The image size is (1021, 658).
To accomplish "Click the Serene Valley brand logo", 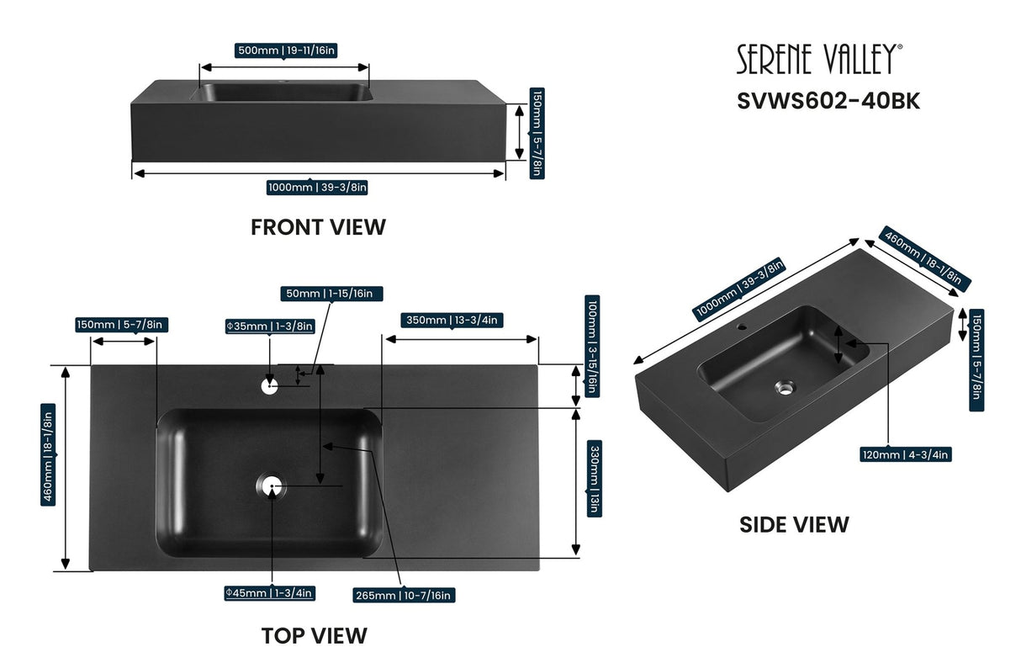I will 820,60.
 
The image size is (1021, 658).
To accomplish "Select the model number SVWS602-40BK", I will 828,101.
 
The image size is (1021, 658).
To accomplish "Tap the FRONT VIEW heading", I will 318,227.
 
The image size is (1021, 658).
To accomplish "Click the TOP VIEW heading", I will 314,635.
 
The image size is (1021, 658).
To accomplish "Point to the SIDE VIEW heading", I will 794,525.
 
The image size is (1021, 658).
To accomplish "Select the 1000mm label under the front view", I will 317,188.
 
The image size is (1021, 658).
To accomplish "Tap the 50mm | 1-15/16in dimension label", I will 332,294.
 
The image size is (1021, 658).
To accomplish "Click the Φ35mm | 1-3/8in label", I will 269,326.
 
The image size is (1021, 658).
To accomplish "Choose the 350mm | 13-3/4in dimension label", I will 452,320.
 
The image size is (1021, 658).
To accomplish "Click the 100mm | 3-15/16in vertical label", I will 593,345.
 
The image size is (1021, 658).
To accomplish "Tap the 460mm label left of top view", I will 49,454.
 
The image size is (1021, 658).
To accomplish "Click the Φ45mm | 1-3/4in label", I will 269,593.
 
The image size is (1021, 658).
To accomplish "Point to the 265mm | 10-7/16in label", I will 404,595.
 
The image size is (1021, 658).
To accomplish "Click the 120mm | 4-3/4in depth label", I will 905,454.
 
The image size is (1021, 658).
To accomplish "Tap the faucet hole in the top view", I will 269,386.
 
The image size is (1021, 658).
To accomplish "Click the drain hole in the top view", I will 271,486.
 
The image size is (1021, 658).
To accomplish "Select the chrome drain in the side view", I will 784,388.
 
